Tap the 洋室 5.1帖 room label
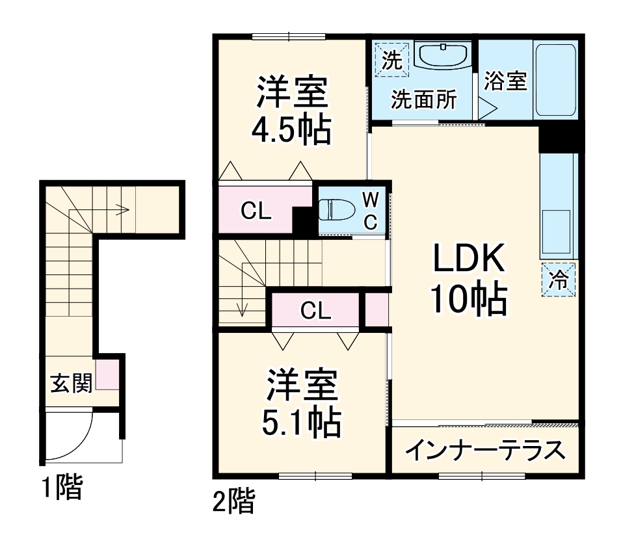(x=301, y=404)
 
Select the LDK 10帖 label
(x=469, y=279)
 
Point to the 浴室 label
(x=505, y=81)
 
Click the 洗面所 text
(x=423, y=100)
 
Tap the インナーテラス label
(x=484, y=450)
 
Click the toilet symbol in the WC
(x=336, y=210)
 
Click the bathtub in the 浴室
(x=555, y=80)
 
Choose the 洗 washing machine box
(x=391, y=60)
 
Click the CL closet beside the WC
(x=256, y=210)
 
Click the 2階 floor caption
(x=233, y=501)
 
